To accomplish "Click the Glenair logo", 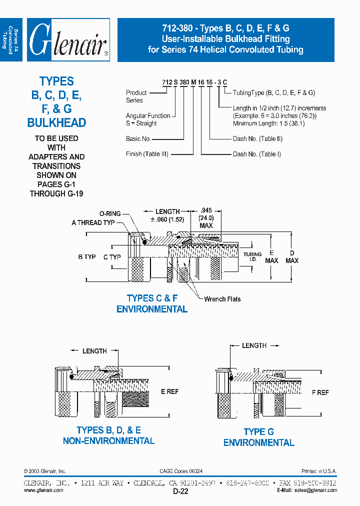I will (68, 40).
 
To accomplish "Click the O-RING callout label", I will (110, 213).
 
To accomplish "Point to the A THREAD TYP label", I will (93, 222).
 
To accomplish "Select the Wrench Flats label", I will (222, 299).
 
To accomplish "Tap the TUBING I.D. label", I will (252, 256).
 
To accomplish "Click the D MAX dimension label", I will (292, 256).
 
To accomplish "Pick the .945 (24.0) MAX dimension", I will (206, 218).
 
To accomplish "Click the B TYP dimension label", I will (86, 256).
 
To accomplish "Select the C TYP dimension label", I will (112, 257).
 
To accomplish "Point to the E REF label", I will (169, 391).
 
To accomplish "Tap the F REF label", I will (320, 392).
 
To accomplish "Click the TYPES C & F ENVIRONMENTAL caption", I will (152, 303).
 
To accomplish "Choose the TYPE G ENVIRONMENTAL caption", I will (258, 437).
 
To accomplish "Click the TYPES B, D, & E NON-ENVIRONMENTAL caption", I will (108, 435).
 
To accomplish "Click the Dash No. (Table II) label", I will (257, 139).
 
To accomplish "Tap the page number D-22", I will (180, 491).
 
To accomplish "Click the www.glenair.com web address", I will (43, 490).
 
